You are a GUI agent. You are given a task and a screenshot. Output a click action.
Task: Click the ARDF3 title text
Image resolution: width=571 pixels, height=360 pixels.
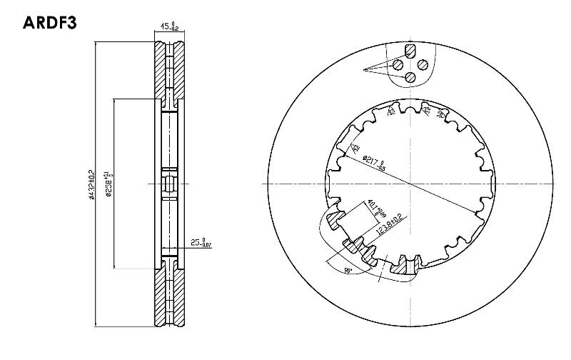49,22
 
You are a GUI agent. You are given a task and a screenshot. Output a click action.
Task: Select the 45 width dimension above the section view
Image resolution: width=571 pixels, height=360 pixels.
168,28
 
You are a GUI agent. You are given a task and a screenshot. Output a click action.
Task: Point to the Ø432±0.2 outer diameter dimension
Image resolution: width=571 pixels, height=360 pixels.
91,185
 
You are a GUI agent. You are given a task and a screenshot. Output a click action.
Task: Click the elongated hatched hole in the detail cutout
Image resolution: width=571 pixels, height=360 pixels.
410,51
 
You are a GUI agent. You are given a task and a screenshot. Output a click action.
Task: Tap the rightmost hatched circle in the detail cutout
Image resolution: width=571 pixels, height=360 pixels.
423,64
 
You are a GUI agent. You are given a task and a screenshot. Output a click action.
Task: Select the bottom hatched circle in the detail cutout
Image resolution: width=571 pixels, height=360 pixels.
410,77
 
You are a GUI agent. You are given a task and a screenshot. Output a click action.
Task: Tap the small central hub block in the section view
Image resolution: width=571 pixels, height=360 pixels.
169,184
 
